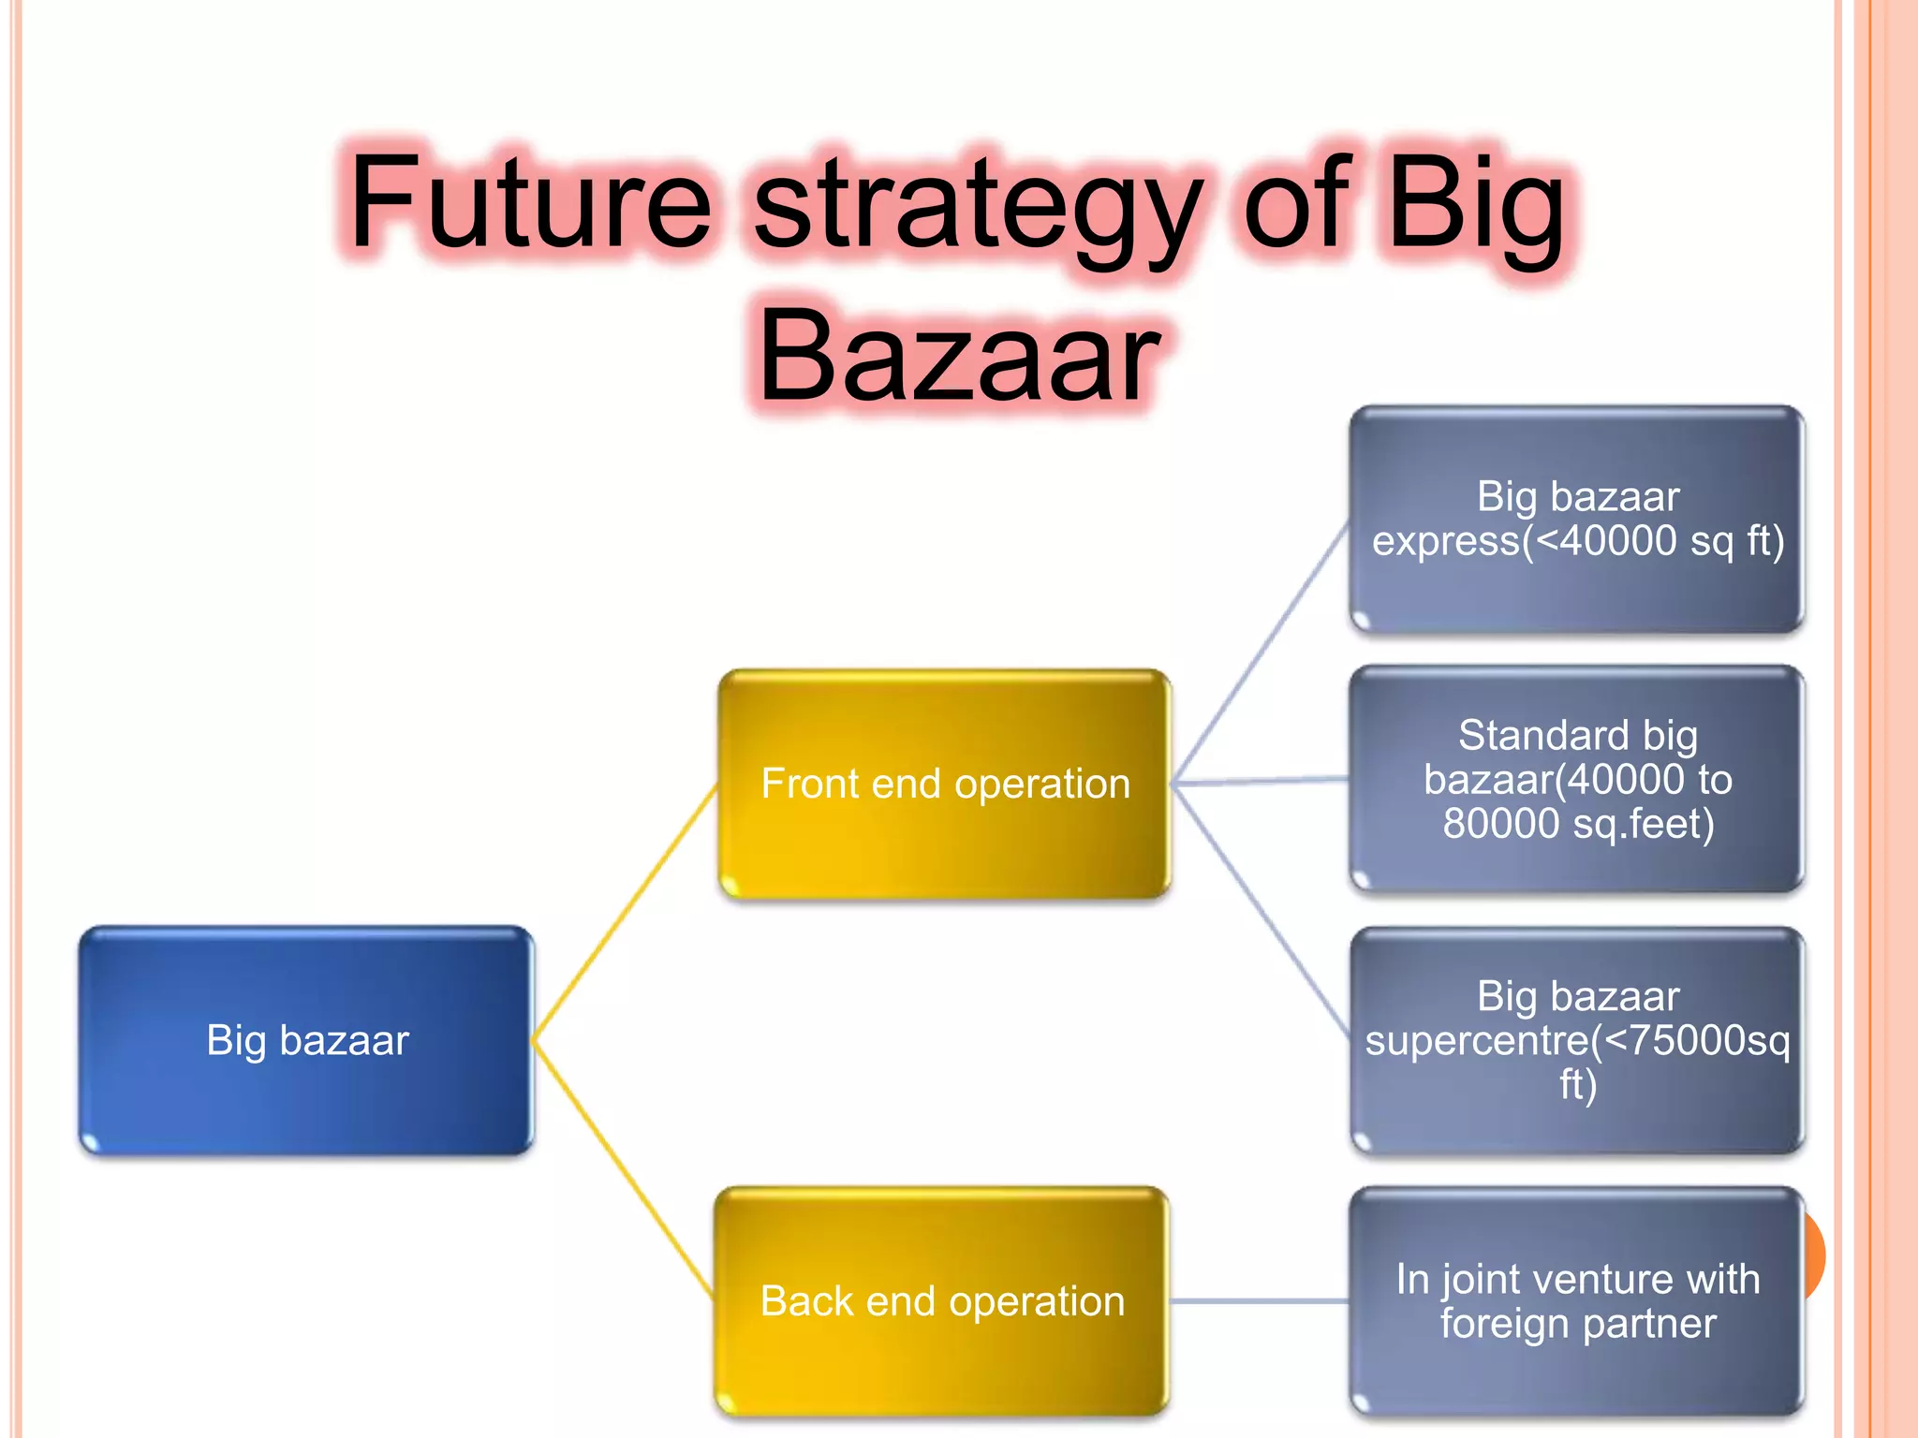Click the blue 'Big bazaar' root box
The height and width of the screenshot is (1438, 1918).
coord(306,1040)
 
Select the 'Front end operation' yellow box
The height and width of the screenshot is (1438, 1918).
coord(945,784)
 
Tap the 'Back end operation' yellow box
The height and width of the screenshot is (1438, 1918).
coord(942,1301)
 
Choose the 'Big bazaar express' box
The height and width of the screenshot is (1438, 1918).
coord(1577,520)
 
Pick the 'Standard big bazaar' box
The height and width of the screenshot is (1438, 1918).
coord(1577,779)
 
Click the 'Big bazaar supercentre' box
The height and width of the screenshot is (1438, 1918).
coord(1577,1040)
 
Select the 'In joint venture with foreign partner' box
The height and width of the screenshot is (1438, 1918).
coord(1577,1301)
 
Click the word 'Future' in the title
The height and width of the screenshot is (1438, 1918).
coord(530,203)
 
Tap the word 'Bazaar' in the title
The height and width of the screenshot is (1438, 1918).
coord(959,358)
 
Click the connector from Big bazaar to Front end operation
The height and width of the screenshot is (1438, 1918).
coord(625,912)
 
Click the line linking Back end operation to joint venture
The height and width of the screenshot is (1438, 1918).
coord(1260,1301)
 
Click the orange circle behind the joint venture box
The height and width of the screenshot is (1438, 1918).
coord(1815,1255)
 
